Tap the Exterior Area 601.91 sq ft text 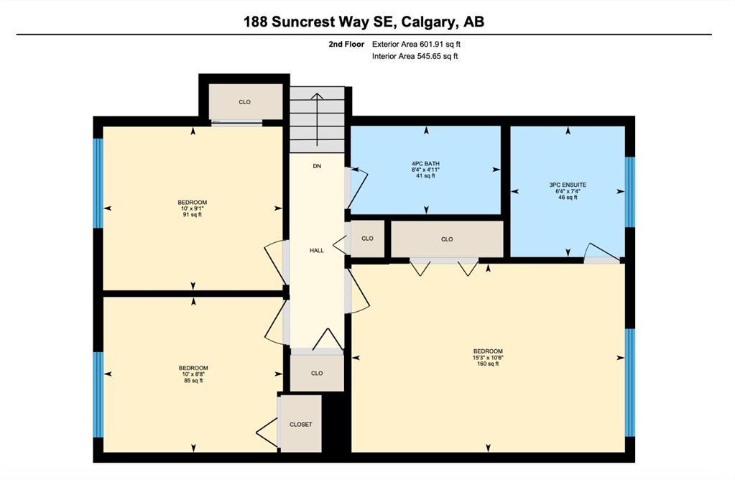[420, 44]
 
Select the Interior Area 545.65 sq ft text [415, 56]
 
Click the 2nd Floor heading [346, 44]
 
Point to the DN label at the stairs [317, 166]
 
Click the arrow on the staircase [318, 119]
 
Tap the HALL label [317, 250]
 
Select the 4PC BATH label [425, 164]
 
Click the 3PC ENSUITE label [568, 185]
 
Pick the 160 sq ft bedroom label [488, 357]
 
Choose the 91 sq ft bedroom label [192, 208]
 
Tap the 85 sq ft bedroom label [193, 374]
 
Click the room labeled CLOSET [300, 424]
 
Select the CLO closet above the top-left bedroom [245, 102]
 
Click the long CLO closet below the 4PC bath [447, 239]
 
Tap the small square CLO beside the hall [368, 239]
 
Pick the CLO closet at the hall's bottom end [317, 373]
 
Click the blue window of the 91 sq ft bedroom [98, 183]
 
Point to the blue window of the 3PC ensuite [631, 192]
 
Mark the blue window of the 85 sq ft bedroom [98, 394]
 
